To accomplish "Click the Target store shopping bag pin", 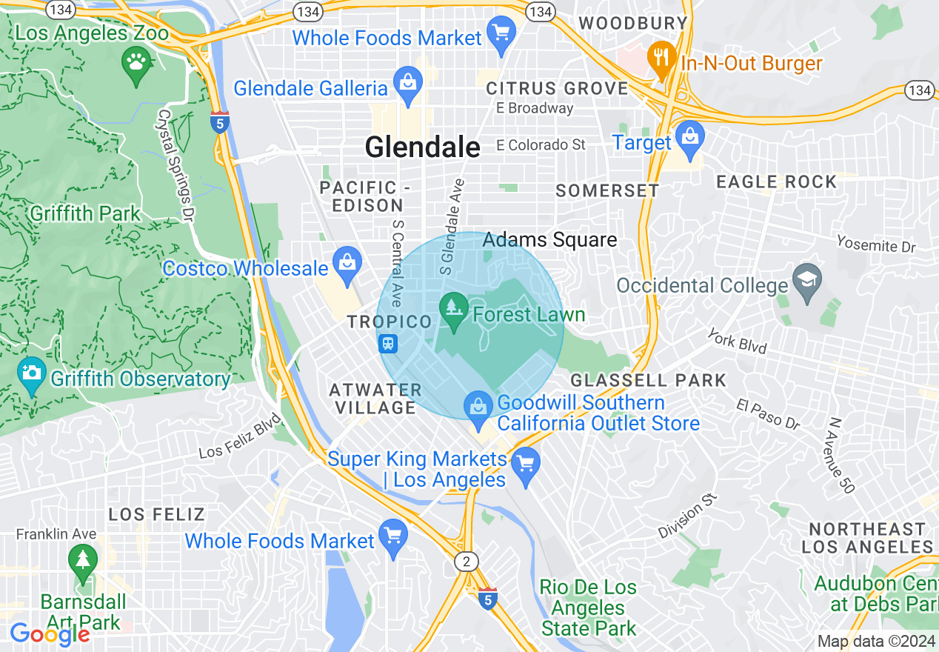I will click(689, 139).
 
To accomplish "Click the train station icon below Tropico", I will click(388, 344).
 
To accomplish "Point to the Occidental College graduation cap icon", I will click(806, 280).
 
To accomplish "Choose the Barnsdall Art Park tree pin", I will click(82, 561).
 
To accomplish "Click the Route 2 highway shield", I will click(465, 562).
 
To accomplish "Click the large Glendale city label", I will click(422, 147).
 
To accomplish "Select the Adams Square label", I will click(549, 240).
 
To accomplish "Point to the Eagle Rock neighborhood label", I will click(776, 182).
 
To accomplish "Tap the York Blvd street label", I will click(737, 341).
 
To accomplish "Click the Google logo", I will click(50, 634).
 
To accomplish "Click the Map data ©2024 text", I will click(876, 641).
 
